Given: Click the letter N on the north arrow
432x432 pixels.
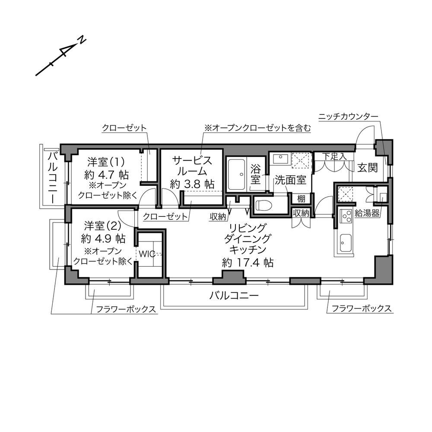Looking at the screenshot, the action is point(82,40).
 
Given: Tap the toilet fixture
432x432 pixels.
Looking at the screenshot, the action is point(264,205).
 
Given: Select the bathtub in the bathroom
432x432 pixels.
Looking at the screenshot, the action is point(237,175).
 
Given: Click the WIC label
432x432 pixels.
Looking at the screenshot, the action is point(147,254).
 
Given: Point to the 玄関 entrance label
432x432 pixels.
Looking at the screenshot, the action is point(368,168).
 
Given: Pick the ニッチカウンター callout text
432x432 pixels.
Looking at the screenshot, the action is point(348,117).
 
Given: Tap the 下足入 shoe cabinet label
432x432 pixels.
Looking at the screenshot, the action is point(334,156).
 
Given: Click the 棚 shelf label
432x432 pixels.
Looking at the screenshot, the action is point(301,198).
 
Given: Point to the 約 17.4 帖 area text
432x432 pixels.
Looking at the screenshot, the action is point(248,263).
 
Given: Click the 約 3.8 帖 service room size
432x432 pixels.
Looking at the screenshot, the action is point(192,184).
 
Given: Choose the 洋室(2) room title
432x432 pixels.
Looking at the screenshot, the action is point(103,226).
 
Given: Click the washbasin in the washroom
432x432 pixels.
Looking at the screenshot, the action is point(280,159).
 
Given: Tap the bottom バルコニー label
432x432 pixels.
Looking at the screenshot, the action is point(234,296).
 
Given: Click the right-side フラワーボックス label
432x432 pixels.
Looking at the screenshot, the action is point(362,308).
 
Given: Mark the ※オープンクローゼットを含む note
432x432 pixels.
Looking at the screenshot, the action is point(257,128).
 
